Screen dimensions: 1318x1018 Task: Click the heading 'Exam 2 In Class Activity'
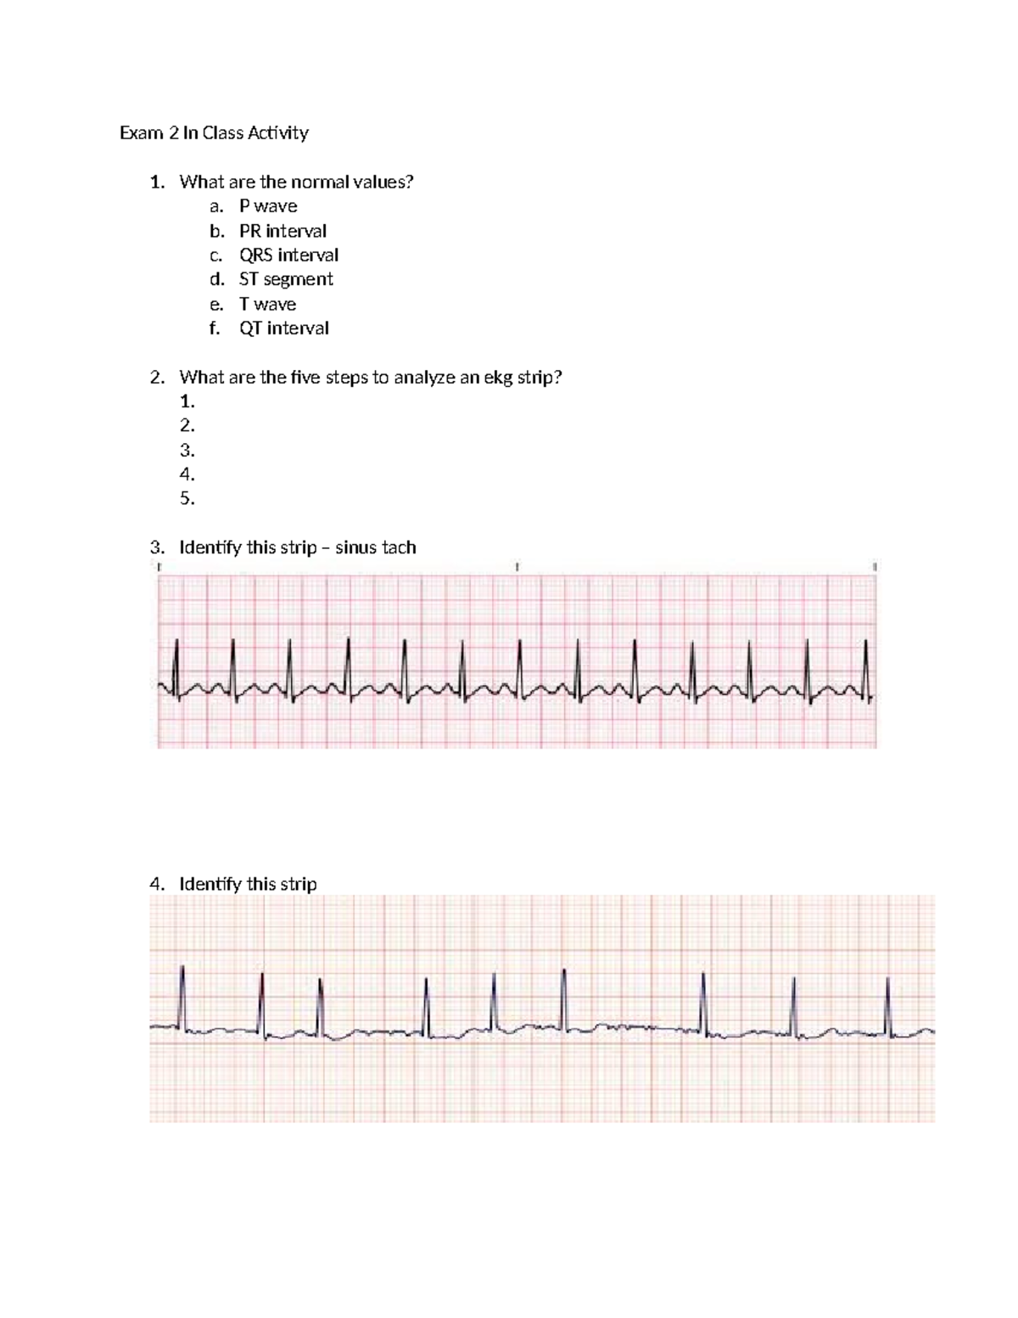214,132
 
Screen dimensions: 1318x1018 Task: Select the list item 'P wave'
268,206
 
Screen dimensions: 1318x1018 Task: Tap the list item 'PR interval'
282,231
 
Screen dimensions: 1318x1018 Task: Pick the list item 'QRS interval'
288,255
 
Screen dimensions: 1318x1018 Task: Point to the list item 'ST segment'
286,279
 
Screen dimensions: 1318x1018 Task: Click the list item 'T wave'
267,304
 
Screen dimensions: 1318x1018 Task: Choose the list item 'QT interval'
283,328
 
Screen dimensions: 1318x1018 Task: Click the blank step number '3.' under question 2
187,451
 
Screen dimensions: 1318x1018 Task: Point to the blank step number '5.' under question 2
187,499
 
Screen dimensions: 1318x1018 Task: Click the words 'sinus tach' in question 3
376,547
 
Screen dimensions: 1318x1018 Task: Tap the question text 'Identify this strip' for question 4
248,884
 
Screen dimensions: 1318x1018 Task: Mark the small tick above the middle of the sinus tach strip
517,566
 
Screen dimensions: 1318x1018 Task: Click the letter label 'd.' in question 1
217,279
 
